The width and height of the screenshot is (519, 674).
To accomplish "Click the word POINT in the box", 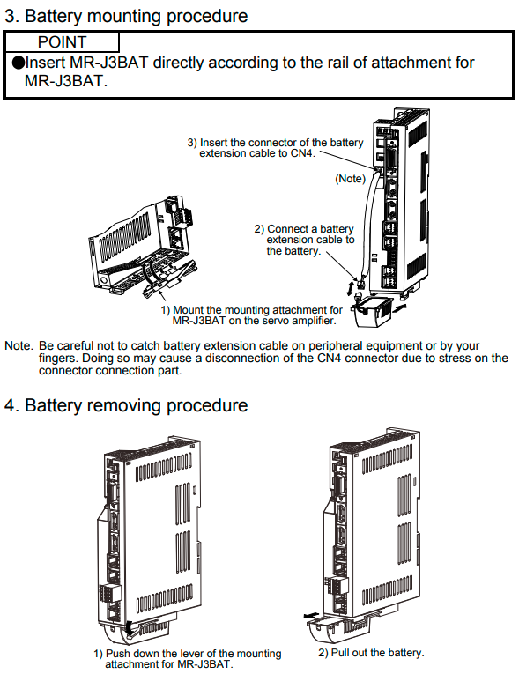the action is tap(62, 42).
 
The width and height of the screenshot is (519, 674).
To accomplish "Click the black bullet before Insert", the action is tap(19, 63).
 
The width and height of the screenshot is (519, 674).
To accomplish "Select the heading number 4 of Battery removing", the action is tap(10, 406).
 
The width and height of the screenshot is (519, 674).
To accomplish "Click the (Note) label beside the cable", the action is tap(350, 179).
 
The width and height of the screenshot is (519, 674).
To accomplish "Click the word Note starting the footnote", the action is tap(18, 346).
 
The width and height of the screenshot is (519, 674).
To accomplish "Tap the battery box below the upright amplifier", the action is tap(373, 310).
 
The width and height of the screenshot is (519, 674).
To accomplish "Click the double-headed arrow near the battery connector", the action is tap(351, 287).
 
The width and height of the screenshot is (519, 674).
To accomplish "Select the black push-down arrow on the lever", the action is tap(129, 628).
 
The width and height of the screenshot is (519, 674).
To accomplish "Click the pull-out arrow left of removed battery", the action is tap(312, 615).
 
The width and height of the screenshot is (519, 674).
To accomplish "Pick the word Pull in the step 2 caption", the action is tap(340, 653).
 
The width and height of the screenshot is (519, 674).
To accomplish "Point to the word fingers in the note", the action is tap(58, 359).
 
